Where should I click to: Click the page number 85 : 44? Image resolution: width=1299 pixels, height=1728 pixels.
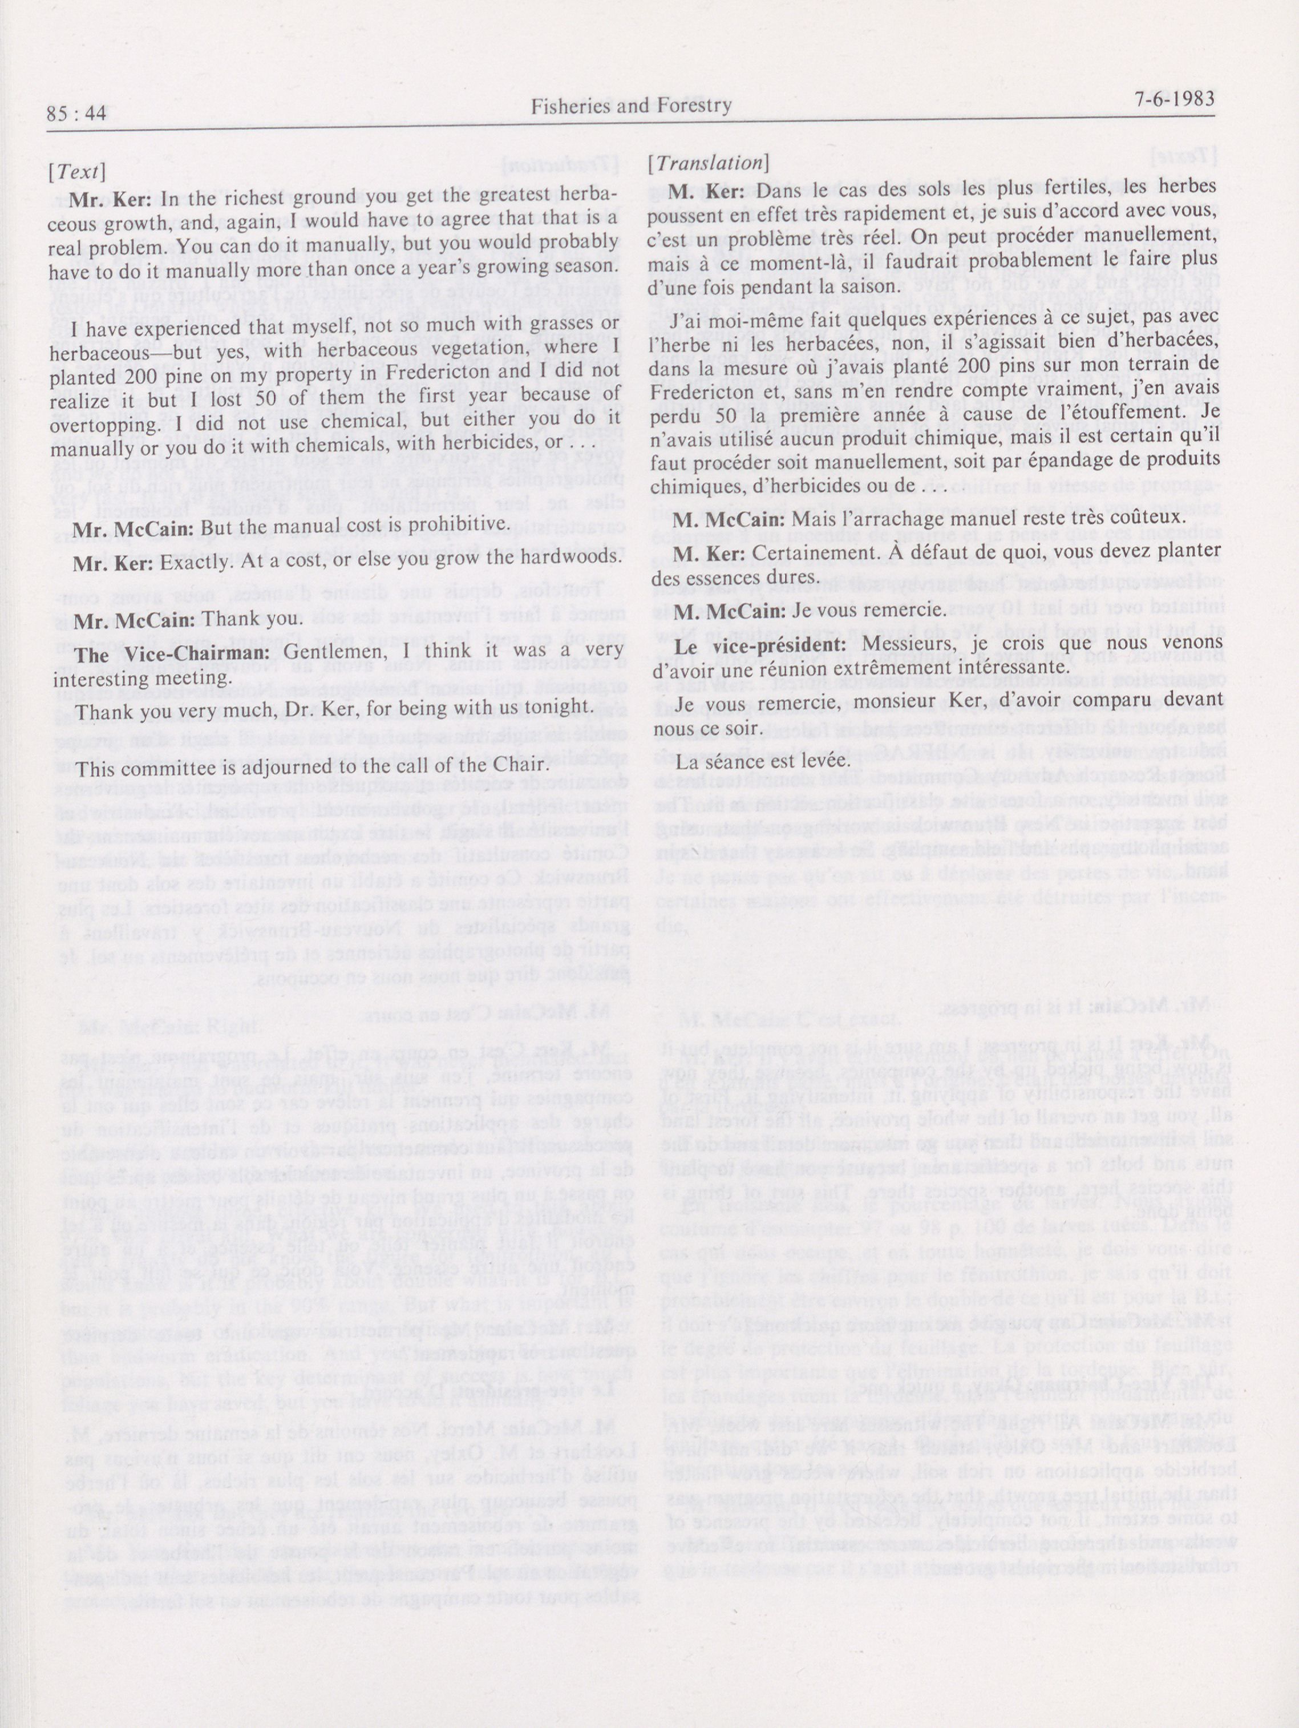76,114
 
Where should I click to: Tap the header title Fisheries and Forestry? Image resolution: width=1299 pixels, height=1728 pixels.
631,106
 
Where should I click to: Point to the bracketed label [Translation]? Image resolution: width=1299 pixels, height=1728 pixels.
709,163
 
